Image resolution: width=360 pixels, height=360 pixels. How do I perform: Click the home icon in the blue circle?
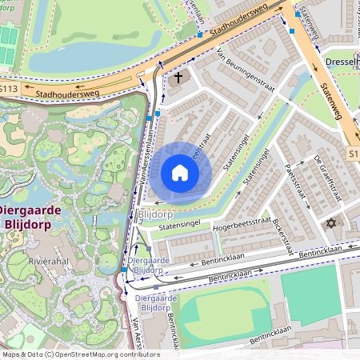180,172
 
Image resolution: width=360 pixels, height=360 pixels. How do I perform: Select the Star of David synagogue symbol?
329,222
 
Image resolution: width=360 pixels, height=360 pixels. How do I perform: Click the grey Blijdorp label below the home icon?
155,214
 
